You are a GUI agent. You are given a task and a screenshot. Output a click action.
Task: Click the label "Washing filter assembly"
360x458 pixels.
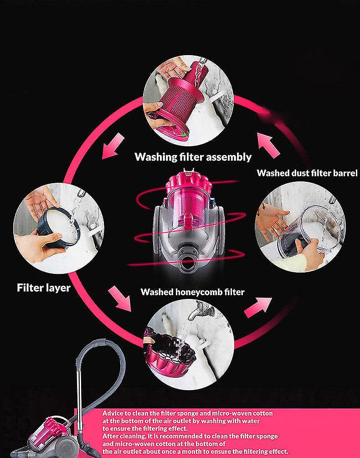(193, 157)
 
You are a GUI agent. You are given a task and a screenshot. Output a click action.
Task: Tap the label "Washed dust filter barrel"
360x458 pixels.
(307, 173)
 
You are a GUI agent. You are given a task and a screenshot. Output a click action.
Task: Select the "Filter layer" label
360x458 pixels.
(44, 288)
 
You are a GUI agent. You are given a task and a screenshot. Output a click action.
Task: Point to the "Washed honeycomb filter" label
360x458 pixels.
(192, 292)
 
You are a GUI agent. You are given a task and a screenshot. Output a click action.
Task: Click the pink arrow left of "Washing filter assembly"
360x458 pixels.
(113, 146)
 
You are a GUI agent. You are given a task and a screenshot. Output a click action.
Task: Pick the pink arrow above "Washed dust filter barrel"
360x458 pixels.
(268, 145)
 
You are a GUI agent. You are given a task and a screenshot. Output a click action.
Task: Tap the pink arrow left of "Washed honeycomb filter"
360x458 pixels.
(120, 298)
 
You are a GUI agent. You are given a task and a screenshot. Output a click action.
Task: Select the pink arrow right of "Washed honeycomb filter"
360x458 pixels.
(258, 308)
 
